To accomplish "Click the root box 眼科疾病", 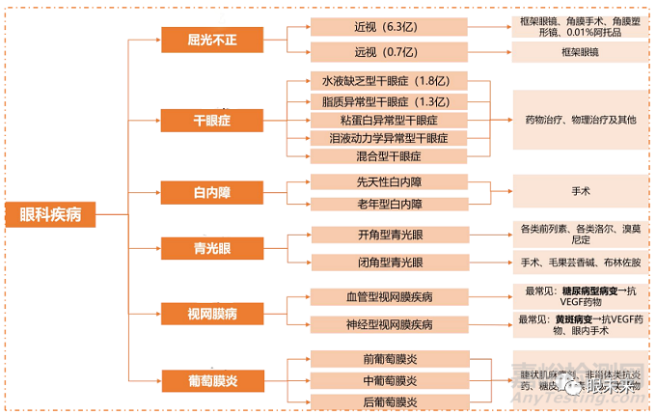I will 50,214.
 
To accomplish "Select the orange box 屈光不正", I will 211,40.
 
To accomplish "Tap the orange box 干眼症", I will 211,121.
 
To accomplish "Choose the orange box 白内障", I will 211,191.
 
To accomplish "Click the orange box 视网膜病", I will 211,314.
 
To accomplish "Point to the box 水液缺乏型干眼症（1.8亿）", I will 376,81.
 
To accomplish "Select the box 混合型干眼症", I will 376,156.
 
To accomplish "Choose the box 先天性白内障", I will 376,181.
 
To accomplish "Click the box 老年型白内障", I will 376,204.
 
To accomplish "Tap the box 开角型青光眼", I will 376,235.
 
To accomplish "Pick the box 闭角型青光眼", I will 376,263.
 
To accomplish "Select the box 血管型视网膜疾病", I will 376,296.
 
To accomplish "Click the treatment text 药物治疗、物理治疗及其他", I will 581,120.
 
